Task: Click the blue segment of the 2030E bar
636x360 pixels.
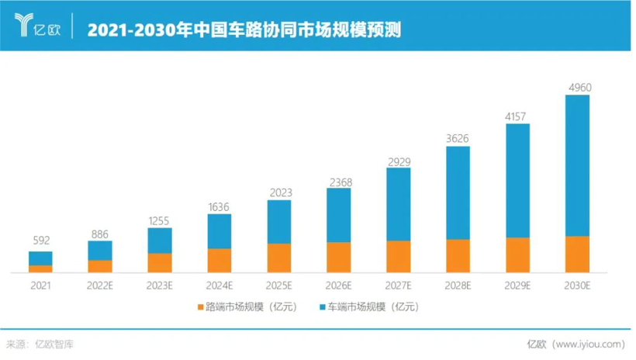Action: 577,164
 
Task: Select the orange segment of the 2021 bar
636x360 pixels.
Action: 40,268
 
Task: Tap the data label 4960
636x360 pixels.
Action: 578,87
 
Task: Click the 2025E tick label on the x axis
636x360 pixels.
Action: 279,286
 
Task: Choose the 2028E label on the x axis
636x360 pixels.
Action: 458,286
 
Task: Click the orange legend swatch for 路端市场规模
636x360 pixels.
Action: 199,307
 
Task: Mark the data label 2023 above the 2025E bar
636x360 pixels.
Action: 279,192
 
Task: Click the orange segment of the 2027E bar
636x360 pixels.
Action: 399,256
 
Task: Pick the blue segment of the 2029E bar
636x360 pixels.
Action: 517,180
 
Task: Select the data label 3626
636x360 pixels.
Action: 458,138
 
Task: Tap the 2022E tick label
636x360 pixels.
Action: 100,286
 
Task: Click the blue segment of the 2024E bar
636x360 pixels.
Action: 219,231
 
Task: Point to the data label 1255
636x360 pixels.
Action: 160,220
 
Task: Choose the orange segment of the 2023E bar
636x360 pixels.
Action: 160,262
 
